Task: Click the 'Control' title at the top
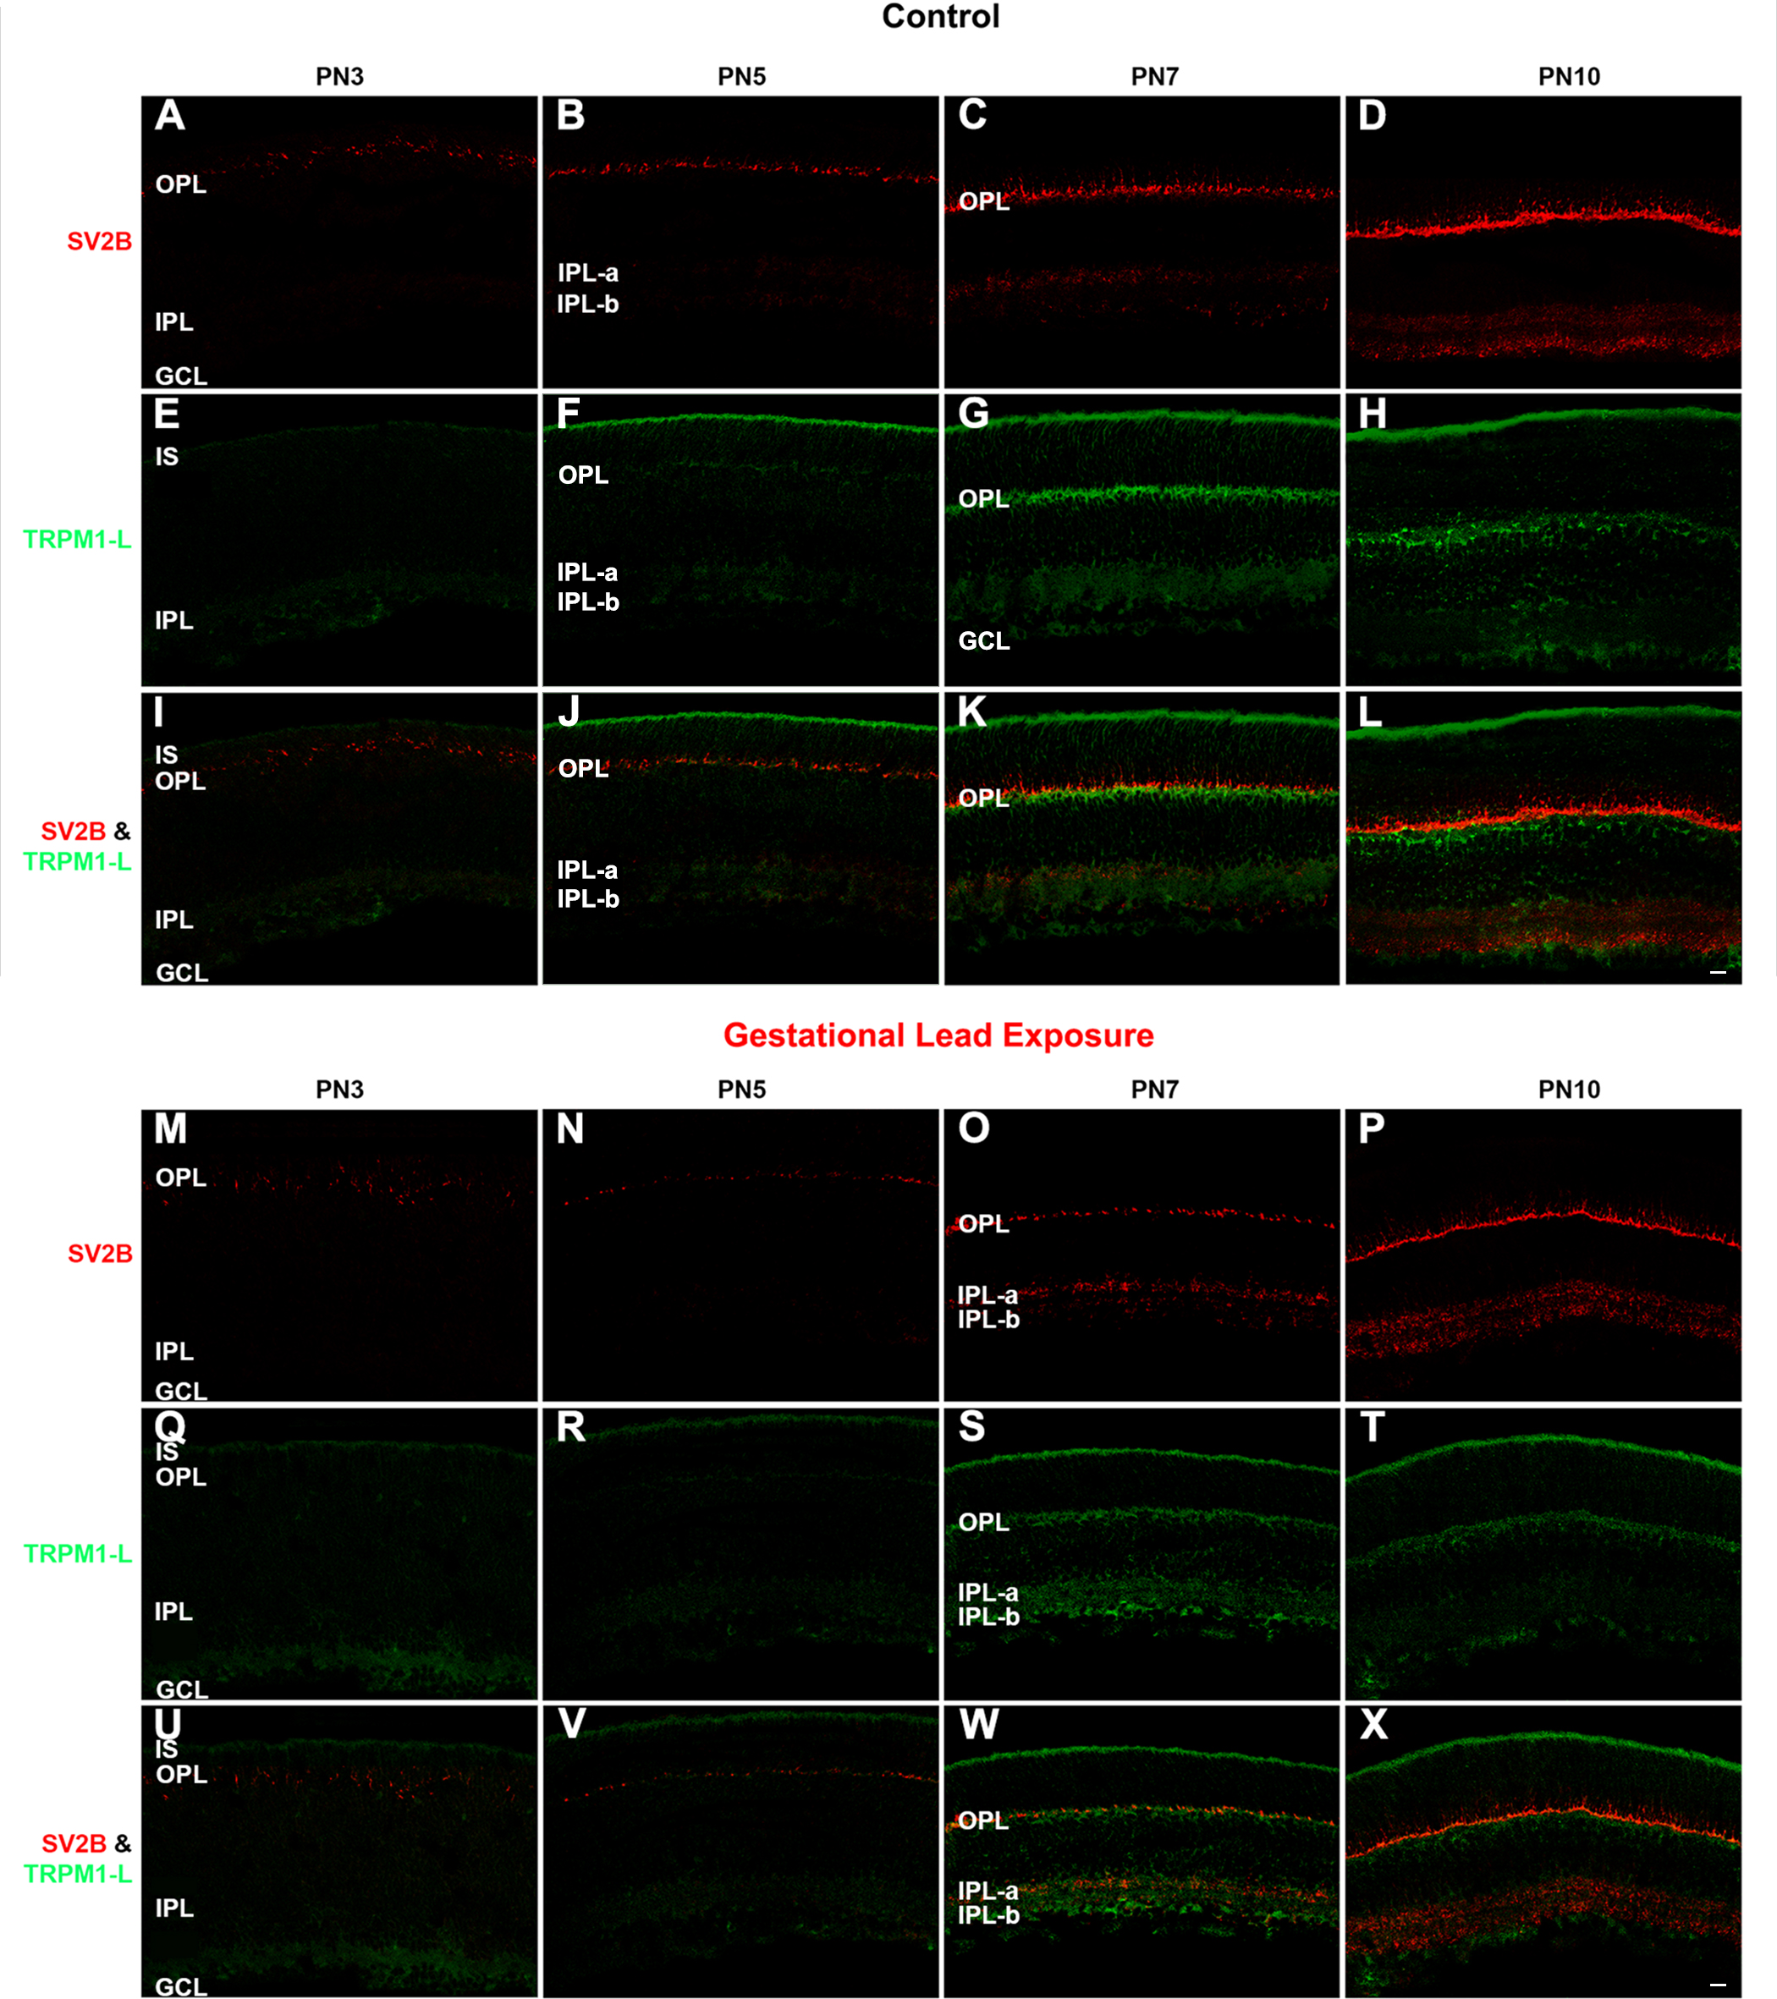coord(940,17)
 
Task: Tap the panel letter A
coord(170,117)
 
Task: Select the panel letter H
coord(1373,415)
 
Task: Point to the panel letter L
coord(1369,713)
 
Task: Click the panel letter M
coord(170,1129)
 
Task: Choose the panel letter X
coord(1373,1724)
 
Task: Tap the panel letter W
coord(978,1724)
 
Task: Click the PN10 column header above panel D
coord(1569,77)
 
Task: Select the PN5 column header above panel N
coord(741,1090)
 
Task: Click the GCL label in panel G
coord(984,640)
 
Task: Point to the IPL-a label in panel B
coord(588,273)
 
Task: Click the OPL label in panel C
coord(984,201)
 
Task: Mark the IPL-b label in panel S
coord(988,1617)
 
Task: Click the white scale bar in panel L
coord(1717,973)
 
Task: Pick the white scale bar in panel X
coord(1717,1985)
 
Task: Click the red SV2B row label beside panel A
coord(99,242)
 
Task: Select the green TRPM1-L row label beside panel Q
coord(77,1553)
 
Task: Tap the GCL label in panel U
coord(181,1986)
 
